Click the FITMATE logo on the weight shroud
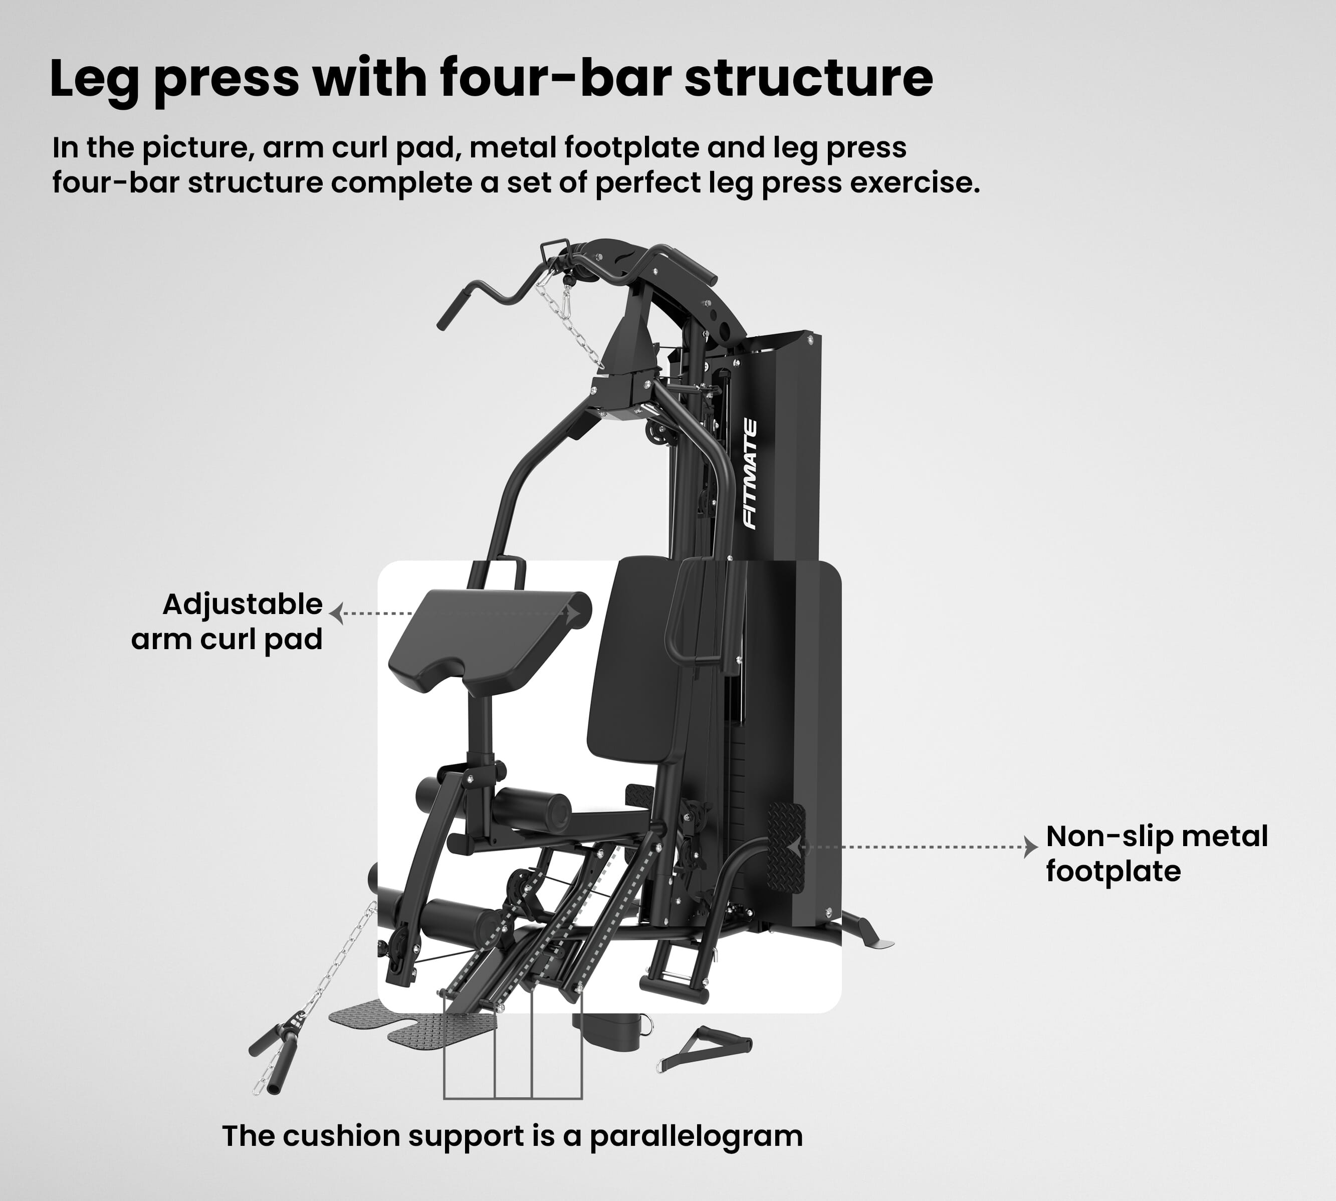750,474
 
